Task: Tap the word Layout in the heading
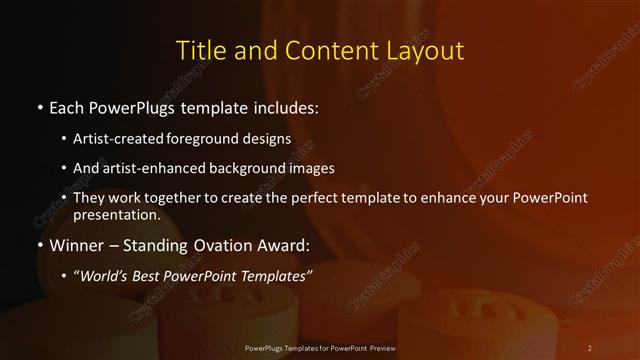tap(425, 50)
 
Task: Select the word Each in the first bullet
tap(66, 106)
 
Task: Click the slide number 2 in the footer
tap(590, 347)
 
